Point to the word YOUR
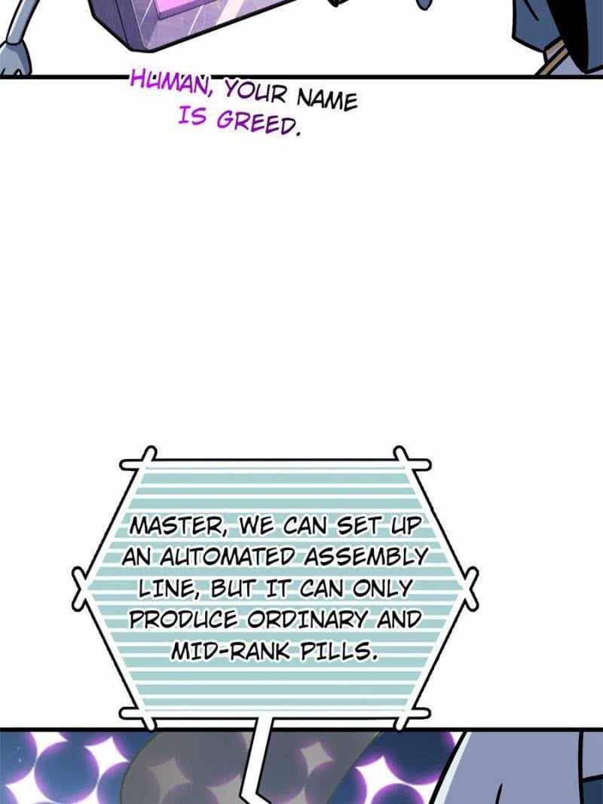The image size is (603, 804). tap(255, 91)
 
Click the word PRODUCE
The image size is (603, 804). tap(184, 619)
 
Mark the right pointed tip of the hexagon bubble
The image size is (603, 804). tap(476, 585)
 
